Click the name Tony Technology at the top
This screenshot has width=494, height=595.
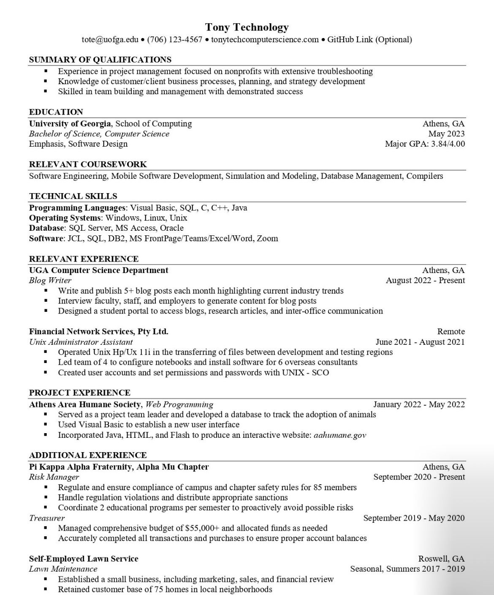[x=247, y=27]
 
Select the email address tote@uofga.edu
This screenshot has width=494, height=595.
[x=110, y=40]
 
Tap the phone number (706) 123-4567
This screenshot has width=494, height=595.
[x=175, y=40]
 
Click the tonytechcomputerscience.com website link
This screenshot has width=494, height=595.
[x=265, y=40]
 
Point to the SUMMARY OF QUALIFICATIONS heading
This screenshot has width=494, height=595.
[x=100, y=60]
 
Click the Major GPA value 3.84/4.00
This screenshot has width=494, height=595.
[x=448, y=144]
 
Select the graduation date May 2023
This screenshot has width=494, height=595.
[x=446, y=134]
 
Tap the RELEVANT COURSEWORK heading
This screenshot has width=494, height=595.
[x=88, y=164]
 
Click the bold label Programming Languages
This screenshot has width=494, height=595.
[x=77, y=208]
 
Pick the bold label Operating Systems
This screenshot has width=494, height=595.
[x=65, y=218]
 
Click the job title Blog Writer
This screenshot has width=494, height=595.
[x=50, y=281]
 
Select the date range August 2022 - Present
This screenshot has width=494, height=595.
[x=425, y=281]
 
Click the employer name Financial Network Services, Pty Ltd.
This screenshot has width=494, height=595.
[x=98, y=332]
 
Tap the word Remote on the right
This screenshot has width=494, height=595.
[x=451, y=332]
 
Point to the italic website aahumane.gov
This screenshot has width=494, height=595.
[x=340, y=435]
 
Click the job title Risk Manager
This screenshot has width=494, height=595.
[x=54, y=477]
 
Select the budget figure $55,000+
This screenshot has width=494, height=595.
[x=202, y=528]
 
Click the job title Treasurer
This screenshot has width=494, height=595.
[x=47, y=518]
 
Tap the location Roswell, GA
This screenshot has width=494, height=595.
[x=441, y=559]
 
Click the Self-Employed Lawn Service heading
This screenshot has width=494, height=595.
[x=84, y=559]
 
